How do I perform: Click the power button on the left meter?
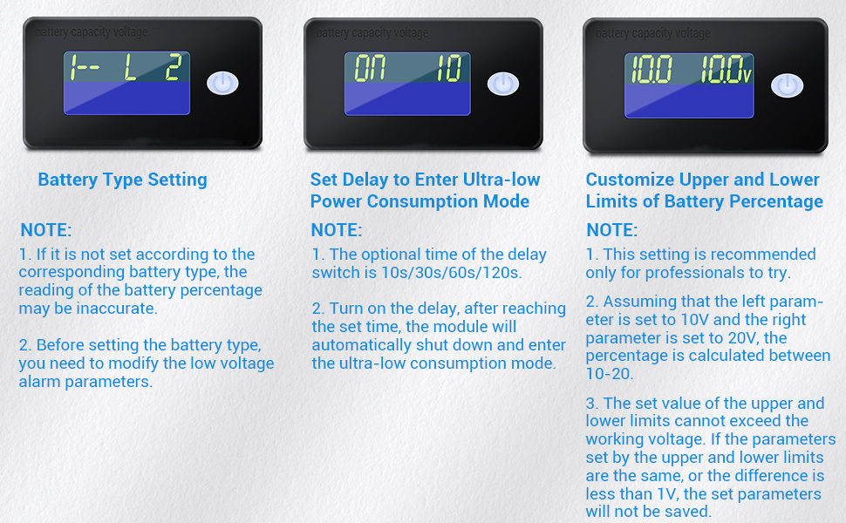pyautogui.click(x=222, y=83)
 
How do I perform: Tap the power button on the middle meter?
pyautogui.click(x=503, y=84)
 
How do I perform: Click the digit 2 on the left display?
pyautogui.click(x=174, y=68)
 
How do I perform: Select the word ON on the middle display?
pyautogui.click(x=370, y=69)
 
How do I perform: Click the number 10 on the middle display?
pyautogui.click(x=449, y=69)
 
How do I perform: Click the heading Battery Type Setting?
pyautogui.click(x=122, y=180)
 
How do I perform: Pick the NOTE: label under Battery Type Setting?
pyautogui.click(x=46, y=230)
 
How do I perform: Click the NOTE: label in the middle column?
pyautogui.click(x=337, y=230)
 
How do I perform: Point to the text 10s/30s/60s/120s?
pyautogui.click(x=452, y=273)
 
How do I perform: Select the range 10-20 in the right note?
pyautogui.click(x=609, y=374)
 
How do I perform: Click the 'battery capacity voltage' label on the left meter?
pyautogui.click(x=92, y=31)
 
